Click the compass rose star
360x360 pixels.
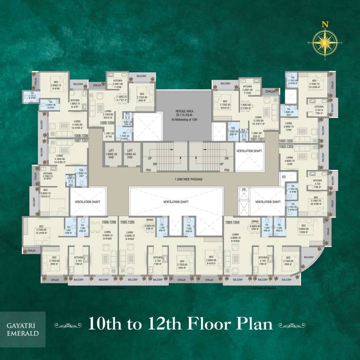[x=324, y=42]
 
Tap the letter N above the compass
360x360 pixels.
[x=324, y=24]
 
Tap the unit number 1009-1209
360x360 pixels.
[x=108, y=123]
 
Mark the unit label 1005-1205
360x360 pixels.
[x=127, y=221]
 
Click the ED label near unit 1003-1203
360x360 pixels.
[x=283, y=177]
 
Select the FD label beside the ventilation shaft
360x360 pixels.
[x=243, y=190]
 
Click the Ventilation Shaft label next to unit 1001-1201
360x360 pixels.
[x=249, y=151]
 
